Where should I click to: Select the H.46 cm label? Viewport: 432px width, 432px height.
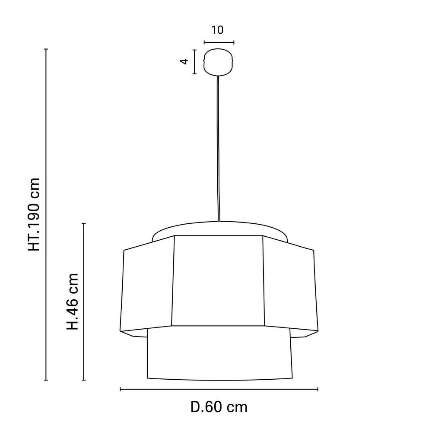click(73, 301)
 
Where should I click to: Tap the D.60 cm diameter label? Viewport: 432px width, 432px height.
click(219, 407)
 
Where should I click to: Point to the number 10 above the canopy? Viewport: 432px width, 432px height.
click(218, 30)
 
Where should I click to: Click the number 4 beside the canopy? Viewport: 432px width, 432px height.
click(184, 61)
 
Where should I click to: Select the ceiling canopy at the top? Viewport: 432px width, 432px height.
click(219, 61)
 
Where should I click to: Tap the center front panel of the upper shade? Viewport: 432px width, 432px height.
click(218, 281)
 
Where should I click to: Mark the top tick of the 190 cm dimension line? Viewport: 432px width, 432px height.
click(46, 49)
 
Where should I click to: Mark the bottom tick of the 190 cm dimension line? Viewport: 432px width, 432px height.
click(46, 380)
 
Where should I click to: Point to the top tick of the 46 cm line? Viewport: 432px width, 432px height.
click(84, 223)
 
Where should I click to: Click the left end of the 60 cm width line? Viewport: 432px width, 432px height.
click(120, 389)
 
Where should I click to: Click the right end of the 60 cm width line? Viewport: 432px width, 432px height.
click(318, 389)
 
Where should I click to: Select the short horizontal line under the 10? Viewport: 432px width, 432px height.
click(219, 42)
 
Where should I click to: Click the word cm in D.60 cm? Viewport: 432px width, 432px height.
click(237, 407)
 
